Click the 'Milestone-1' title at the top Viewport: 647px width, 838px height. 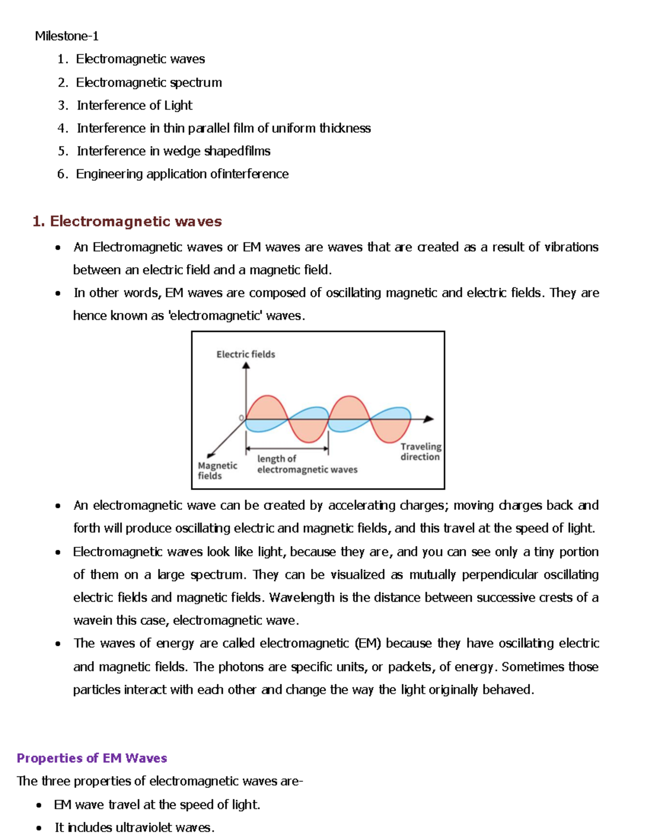coord(66,36)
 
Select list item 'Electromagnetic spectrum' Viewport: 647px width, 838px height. coord(148,83)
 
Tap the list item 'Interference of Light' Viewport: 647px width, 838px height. coord(134,105)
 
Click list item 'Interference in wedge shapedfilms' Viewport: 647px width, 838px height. coord(173,151)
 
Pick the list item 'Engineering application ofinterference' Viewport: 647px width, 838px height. coord(182,174)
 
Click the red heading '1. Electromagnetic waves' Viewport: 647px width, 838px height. coord(127,221)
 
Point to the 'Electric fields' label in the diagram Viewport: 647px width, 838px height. coord(245,354)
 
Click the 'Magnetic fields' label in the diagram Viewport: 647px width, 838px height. coord(217,471)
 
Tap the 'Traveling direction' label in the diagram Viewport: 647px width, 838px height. coord(420,452)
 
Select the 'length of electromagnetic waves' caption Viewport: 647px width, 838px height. coord(307,464)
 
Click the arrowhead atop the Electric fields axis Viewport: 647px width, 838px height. coord(246,366)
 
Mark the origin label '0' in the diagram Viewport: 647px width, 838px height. coord(241,418)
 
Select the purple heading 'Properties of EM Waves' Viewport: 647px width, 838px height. coord(92,758)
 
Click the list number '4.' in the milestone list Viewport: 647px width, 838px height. coord(63,128)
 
